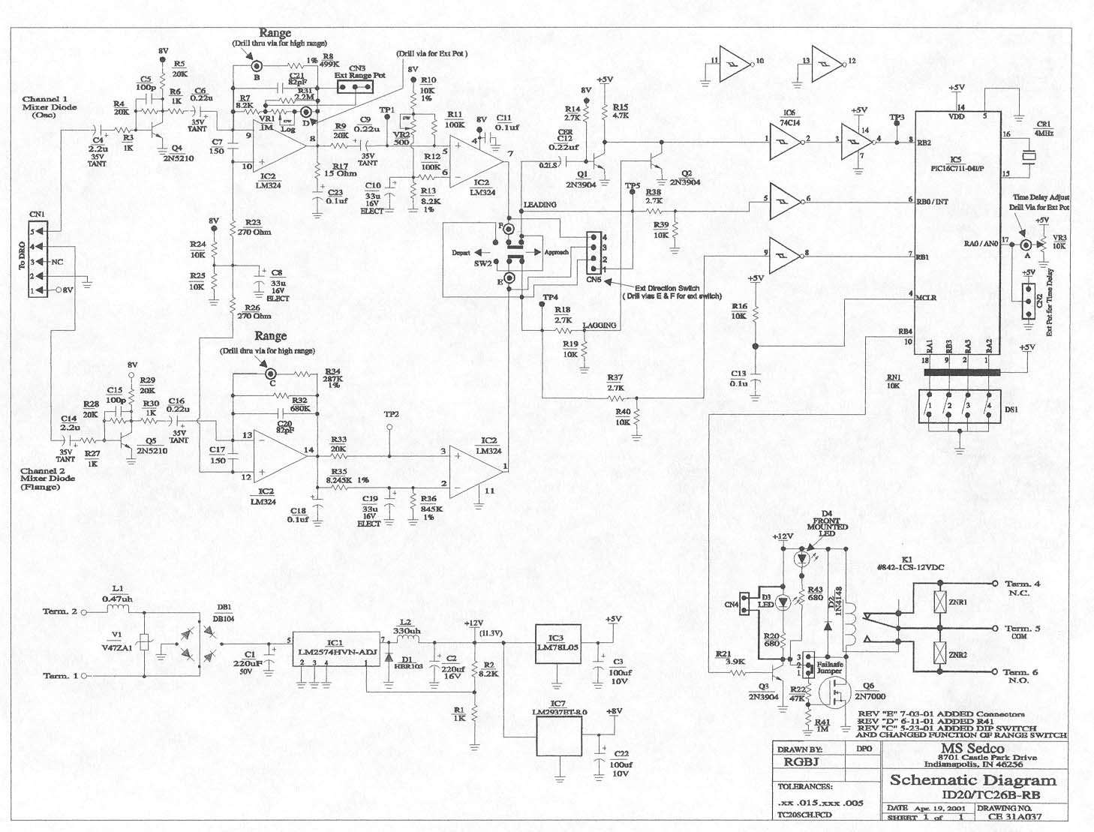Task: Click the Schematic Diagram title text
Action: tap(972, 779)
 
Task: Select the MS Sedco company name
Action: tap(973, 749)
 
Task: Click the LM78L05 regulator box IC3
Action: tap(557, 642)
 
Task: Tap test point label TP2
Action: tap(391, 414)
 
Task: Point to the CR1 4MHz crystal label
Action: tap(1044, 128)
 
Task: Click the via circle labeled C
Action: tap(272, 373)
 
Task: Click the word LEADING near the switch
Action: tap(539, 204)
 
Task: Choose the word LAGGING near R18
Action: tap(600, 326)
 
